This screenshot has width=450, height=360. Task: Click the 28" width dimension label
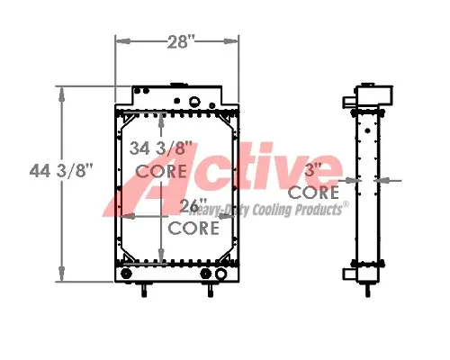(x=176, y=40)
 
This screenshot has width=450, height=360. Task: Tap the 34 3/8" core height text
(x=163, y=148)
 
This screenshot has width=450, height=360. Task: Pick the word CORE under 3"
(x=313, y=192)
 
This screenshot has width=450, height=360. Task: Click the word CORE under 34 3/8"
(x=162, y=169)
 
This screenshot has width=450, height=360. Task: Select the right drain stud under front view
(x=212, y=290)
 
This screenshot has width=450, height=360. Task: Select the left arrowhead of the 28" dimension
(x=120, y=40)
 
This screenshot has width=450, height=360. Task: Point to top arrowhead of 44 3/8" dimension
(x=60, y=91)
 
